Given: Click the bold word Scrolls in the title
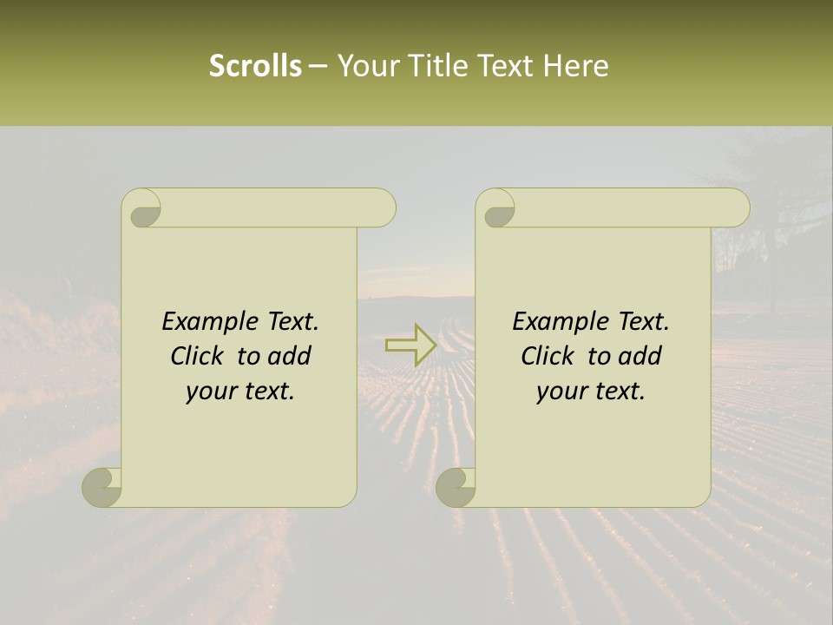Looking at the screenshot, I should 255,66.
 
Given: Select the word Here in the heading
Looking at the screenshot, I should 576,66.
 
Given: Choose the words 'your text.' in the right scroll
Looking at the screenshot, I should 591,391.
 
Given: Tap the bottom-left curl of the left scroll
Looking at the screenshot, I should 102,487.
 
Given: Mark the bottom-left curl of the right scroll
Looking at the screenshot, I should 456,487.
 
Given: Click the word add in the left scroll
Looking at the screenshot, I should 291,356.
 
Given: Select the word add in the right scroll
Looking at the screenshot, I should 641,356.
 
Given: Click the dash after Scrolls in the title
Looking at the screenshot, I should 318,66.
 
